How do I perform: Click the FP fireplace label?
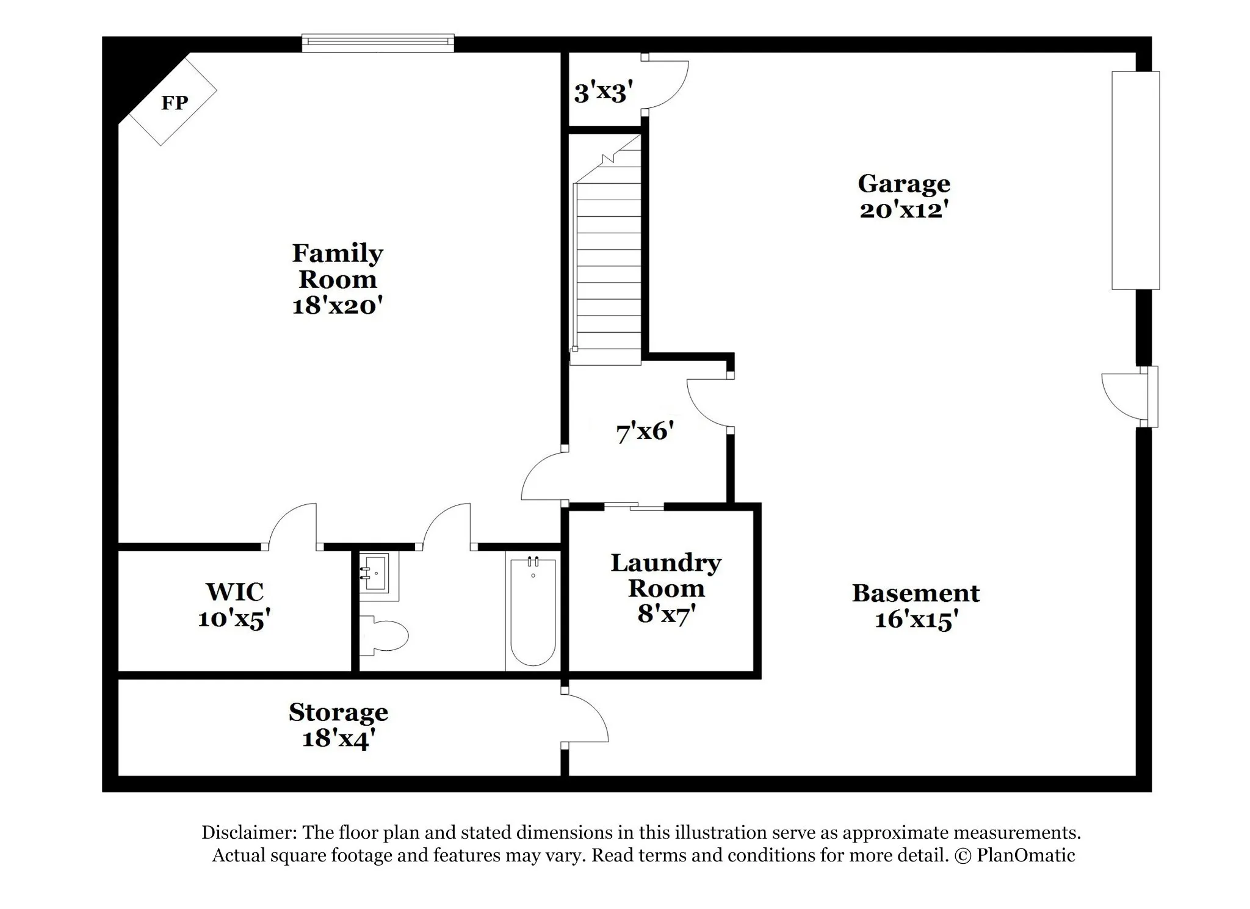click(x=175, y=103)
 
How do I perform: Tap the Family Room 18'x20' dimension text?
click(x=338, y=305)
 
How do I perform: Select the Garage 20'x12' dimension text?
click(x=904, y=210)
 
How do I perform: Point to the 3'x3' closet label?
click(x=603, y=93)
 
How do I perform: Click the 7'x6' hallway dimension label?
click(x=645, y=432)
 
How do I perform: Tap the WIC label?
click(x=234, y=592)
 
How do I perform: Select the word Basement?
click(x=916, y=593)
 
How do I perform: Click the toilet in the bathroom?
click(x=383, y=635)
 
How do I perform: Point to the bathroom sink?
click(x=375, y=574)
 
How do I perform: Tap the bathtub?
click(x=533, y=611)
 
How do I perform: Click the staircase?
click(x=606, y=250)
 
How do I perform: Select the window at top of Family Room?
click(x=378, y=42)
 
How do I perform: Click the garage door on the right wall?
click(x=1135, y=180)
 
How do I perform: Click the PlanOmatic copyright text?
click(x=1015, y=855)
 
